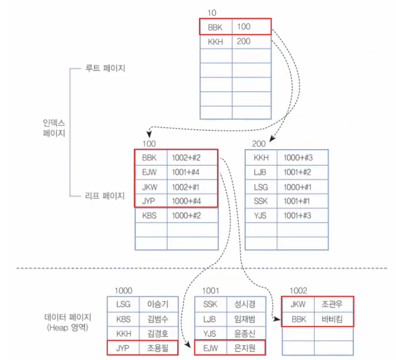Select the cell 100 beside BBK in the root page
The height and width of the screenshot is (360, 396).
(x=244, y=27)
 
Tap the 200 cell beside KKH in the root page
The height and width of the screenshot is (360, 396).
(x=244, y=41)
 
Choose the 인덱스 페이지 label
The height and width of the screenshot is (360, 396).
(x=54, y=127)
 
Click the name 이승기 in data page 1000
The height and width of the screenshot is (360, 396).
(x=158, y=304)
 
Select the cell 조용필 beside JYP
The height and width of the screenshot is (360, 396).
(x=158, y=348)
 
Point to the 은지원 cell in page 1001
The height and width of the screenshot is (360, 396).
(x=245, y=348)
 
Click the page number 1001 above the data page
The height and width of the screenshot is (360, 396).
(x=211, y=290)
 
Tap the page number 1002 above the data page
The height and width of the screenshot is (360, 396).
(x=298, y=290)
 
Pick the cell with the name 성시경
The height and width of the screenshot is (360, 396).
(x=245, y=304)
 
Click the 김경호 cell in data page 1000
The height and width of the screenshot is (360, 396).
(x=158, y=334)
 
